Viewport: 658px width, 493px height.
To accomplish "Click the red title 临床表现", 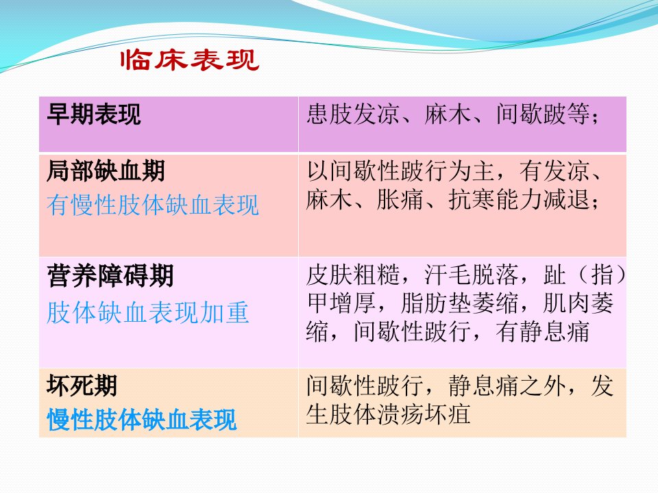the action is point(190,60).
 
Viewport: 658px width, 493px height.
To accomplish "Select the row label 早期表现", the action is point(94,114).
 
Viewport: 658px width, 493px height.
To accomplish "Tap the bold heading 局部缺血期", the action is point(106,170).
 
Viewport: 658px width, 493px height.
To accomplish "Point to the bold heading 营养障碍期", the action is point(110,276).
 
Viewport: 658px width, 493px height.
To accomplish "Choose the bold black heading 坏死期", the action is point(82,385).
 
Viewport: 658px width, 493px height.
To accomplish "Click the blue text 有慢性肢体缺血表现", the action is point(153,205).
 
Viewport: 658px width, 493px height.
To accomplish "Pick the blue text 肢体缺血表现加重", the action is point(148,312).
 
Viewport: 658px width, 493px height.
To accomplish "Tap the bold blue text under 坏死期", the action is point(141,420).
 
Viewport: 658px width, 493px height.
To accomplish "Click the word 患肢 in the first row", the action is point(330,114).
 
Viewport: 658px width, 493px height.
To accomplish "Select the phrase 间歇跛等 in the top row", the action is point(543,114).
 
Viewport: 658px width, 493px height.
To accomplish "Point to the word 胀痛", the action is point(400,199).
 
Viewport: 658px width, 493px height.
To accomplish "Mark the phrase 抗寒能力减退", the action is point(519,199).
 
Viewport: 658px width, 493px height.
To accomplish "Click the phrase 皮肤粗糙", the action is point(354,275).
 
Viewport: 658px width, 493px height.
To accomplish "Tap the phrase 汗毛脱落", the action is point(472,275).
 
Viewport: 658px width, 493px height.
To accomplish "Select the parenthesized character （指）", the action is point(602,275).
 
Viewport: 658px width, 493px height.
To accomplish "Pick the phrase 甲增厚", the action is point(341,303).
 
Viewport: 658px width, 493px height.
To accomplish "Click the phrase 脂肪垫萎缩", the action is point(461,303).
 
